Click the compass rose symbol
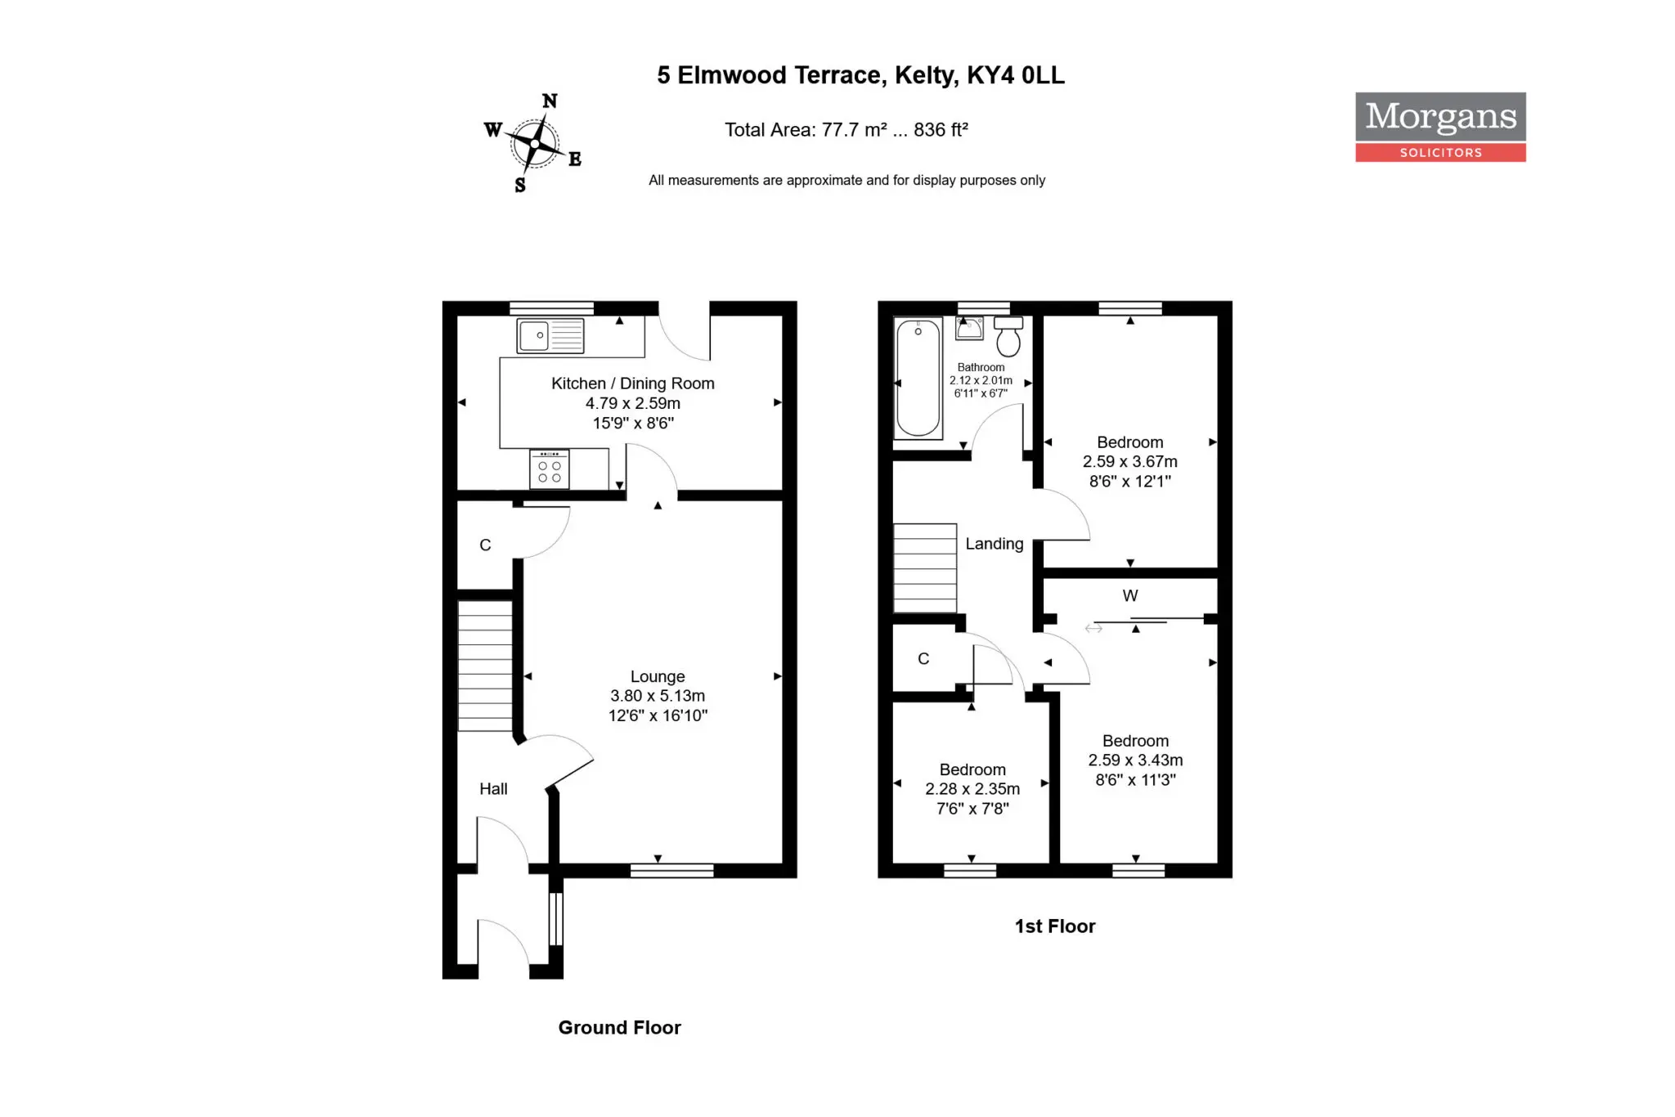(534, 143)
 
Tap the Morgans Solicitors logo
(1440, 127)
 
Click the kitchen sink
(550, 336)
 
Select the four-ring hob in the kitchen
(550, 469)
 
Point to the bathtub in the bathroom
(918, 378)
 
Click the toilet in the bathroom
(1008, 336)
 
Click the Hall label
(493, 789)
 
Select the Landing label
(994, 544)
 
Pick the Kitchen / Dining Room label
(633, 384)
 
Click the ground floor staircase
(485, 666)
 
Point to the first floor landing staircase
(925, 568)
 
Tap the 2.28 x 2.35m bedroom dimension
(972, 789)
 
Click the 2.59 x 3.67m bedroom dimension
(1130, 462)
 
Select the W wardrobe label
(1130, 595)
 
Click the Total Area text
(846, 130)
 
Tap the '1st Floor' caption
(1055, 926)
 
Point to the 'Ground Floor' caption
(619, 1028)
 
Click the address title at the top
(860, 75)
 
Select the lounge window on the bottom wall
(672, 871)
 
